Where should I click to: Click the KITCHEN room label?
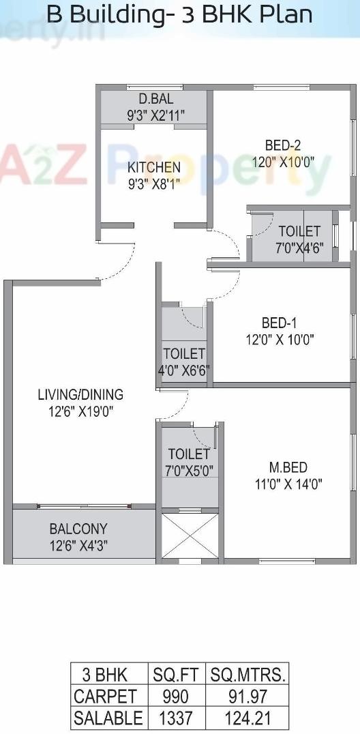point(154,167)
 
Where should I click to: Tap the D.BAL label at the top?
point(155,100)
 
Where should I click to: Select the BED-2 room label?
point(283,145)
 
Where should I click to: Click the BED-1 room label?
point(280,323)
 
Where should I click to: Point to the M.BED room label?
point(288,467)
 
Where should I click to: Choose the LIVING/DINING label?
point(80,394)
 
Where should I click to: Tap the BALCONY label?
point(78,529)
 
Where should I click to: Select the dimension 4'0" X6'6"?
point(183,370)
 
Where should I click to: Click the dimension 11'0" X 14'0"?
point(288,484)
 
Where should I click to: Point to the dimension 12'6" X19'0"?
point(80,411)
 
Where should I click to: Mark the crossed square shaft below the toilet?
point(190,536)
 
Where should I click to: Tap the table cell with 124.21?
point(247,718)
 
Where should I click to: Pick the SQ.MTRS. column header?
point(247,675)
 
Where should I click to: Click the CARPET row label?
point(105,696)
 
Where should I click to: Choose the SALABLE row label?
point(108,718)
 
